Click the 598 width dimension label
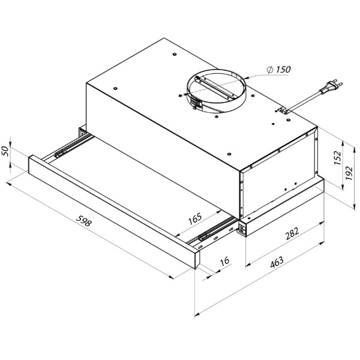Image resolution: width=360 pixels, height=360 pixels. point(84,221)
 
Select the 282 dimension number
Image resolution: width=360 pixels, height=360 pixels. point(292,233)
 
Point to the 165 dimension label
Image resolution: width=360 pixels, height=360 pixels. point(195,218)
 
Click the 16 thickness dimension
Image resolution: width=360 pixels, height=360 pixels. point(224,261)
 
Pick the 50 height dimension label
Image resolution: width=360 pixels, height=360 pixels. point(5,151)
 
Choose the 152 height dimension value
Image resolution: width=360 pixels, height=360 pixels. point(337,157)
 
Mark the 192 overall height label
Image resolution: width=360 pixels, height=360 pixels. point(349,173)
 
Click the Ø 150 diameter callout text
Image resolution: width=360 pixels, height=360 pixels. point(279,70)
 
